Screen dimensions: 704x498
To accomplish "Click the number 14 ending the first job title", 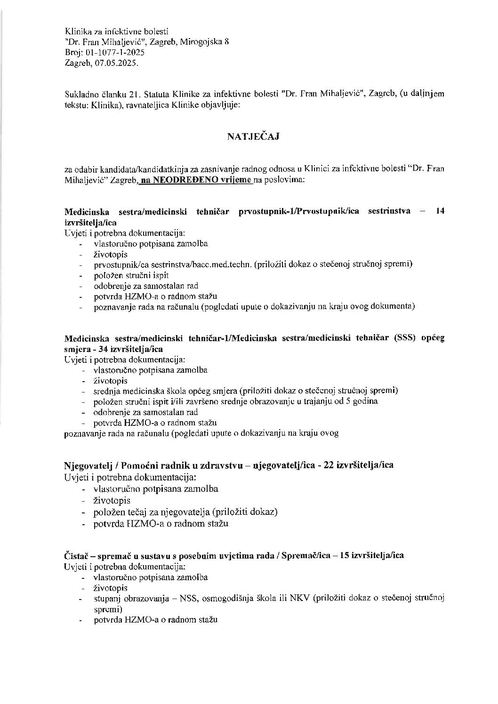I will point(440,211).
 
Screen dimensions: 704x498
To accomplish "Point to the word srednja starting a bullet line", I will point(106,391).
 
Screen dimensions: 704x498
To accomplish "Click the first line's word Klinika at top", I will point(77,32).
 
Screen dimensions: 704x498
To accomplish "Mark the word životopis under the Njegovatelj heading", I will point(112,500).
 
